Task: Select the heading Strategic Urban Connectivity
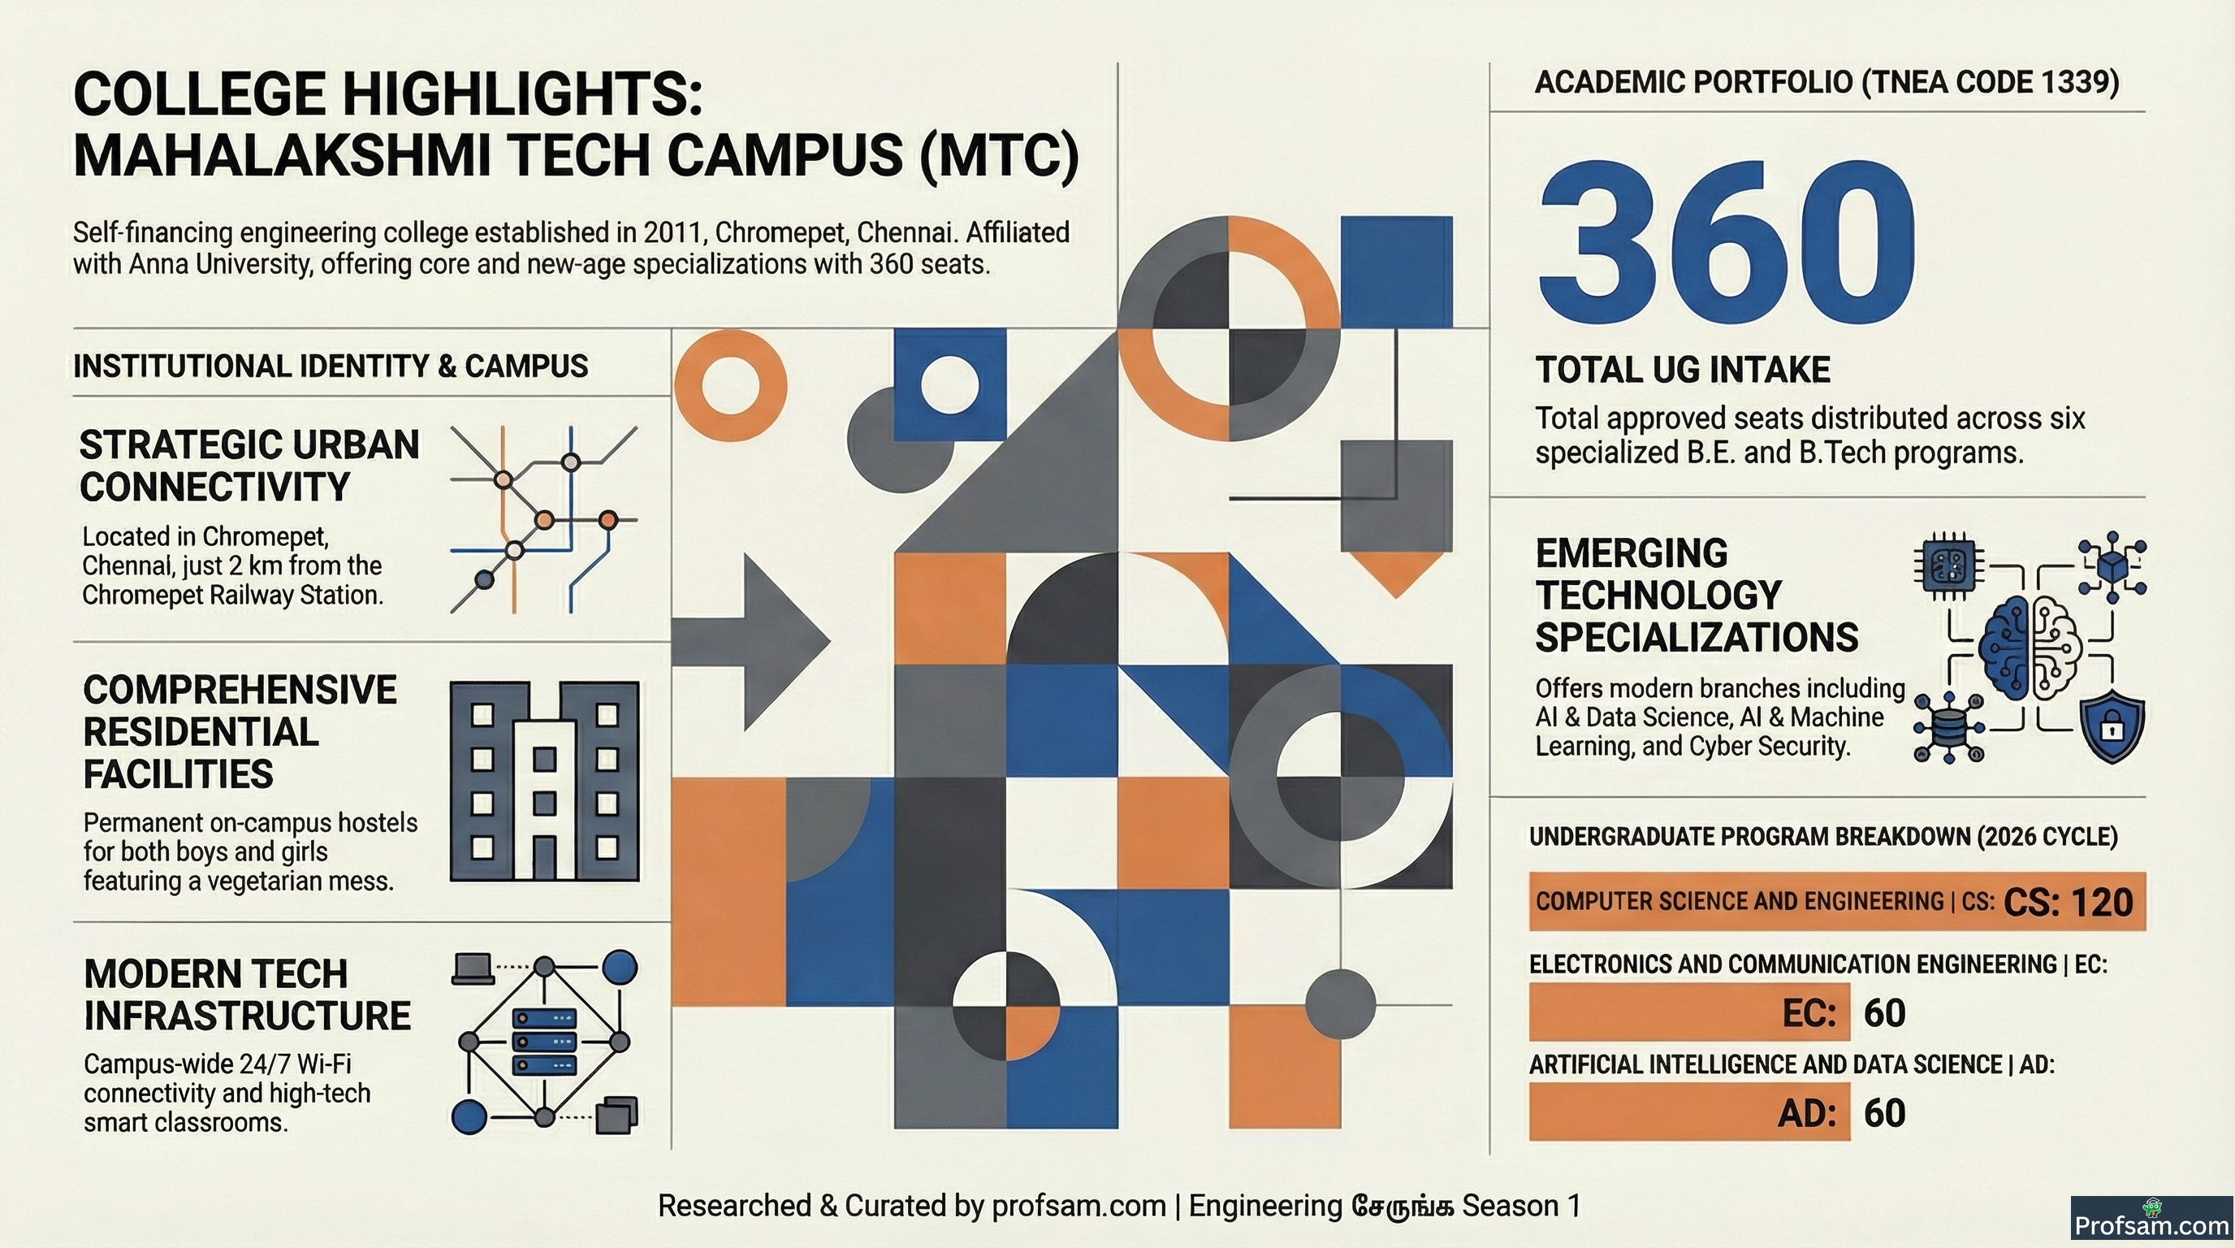[x=250, y=466]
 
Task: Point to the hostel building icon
[x=545, y=781]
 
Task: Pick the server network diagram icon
[x=545, y=1042]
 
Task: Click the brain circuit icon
[x=2030, y=647]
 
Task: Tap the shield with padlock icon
[x=2112, y=726]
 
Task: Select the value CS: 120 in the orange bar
[x=2069, y=903]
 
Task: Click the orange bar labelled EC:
[x=1689, y=1012]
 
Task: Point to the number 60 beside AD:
[x=1884, y=1112]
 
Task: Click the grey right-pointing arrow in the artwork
[x=751, y=641]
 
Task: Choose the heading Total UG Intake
[x=1684, y=370]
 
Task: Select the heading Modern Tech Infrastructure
[x=247, y=994]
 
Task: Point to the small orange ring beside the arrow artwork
[x=731, y=385]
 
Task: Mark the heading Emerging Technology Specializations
[x=1697, y=596]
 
